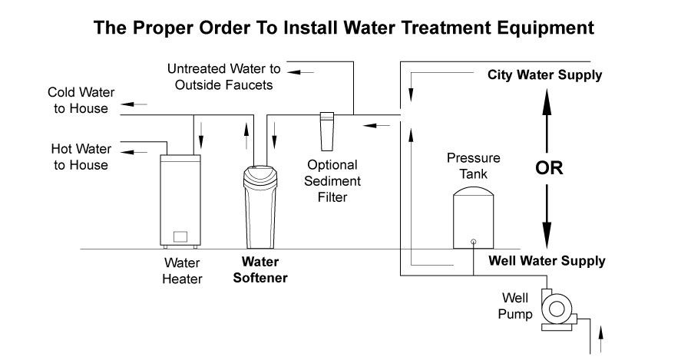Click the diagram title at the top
click(343, 28)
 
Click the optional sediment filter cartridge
click(326, 130)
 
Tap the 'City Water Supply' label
click(545, 75)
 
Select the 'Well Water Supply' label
click(547, 261)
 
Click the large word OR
click(549, 168)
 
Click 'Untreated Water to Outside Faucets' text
click(223, 77)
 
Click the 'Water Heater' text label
click(182, 271)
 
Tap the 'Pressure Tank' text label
click(474, 166)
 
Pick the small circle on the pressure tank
click(473, 241)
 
